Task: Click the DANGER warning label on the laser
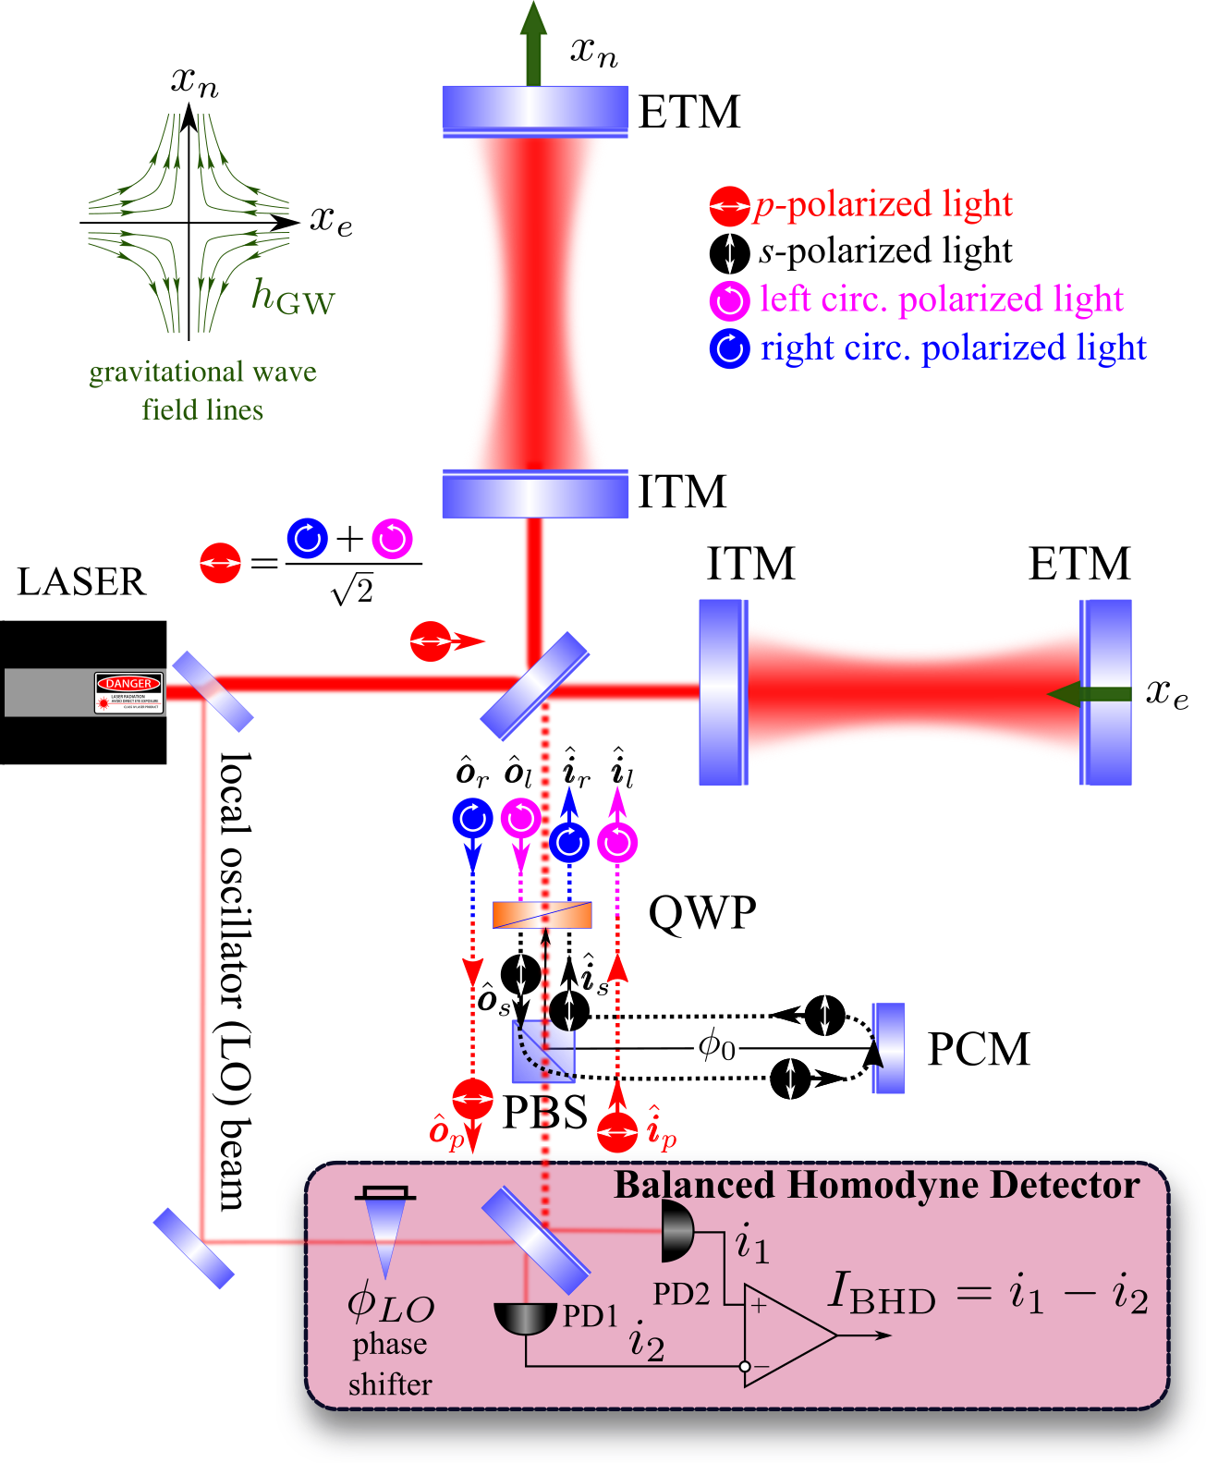click(x=129, y=692)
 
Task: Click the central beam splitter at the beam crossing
click(x=535, y=686)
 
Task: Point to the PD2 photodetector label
click(x=681, y=1294)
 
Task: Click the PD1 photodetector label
click(x=590, y=1315)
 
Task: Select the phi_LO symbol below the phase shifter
click(x=390, y=1305)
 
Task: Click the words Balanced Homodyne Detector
click(x=876, y=1185)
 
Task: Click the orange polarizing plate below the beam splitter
click(x=542, y=914)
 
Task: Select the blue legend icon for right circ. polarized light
click(x=729, y=348)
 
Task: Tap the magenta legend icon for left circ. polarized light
click(x=729, y=299)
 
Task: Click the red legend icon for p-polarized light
click(x=729, y=206)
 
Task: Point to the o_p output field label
click(x=446, y=1131)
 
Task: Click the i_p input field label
click(x=662, y=1128)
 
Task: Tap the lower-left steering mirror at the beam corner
click(x=193, y=1248)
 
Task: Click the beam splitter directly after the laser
click(x=213, y=691)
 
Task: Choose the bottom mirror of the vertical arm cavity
click(x=535, y=494)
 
